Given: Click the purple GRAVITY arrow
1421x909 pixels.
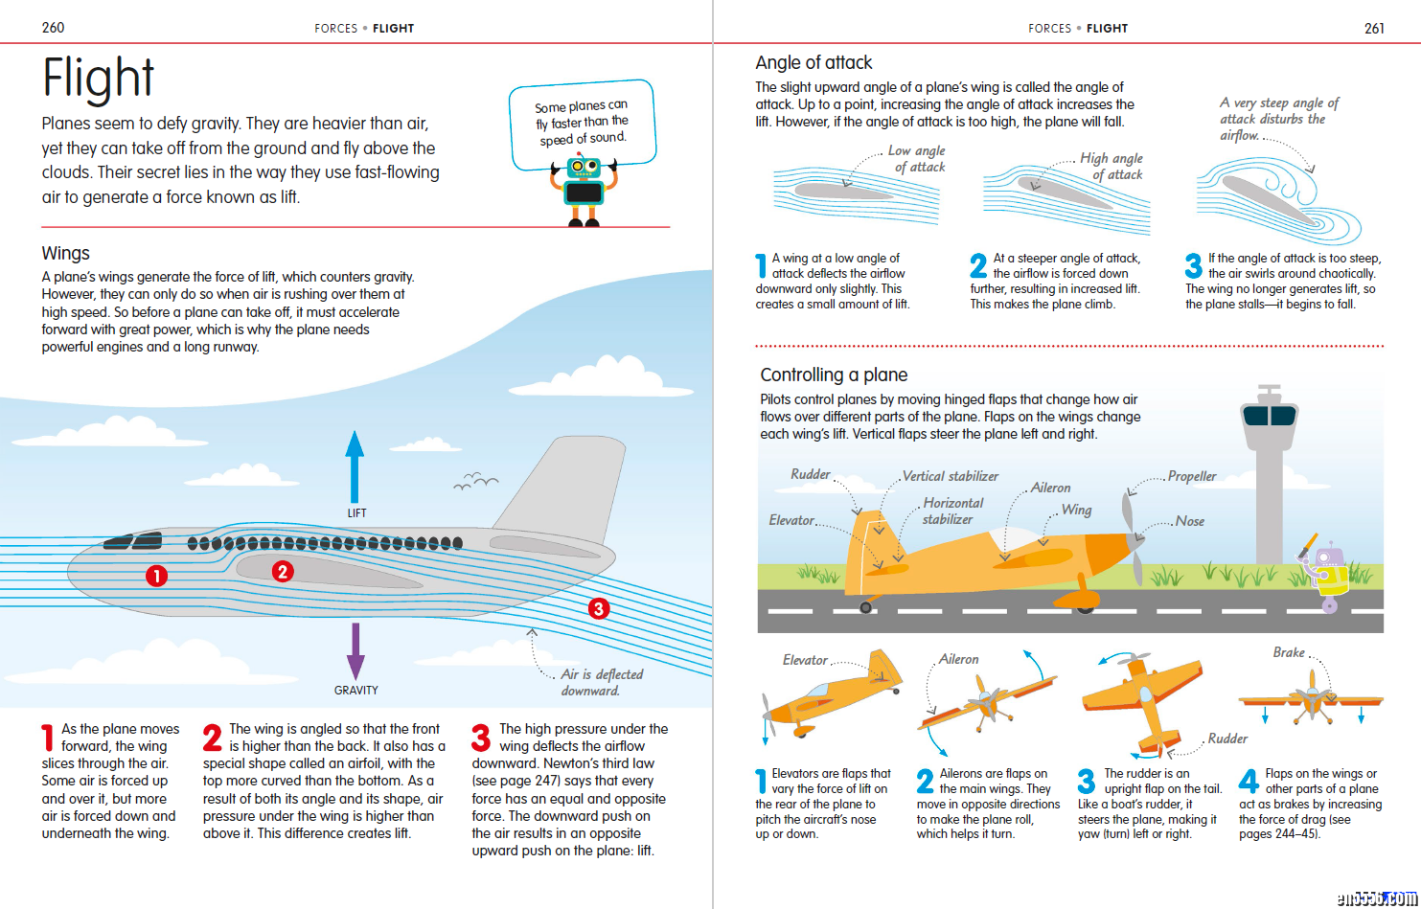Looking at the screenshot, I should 355,651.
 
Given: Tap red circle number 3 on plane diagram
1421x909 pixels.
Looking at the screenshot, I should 599,608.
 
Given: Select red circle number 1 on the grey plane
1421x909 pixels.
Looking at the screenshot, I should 156,576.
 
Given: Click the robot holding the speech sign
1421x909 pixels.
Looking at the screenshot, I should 583,191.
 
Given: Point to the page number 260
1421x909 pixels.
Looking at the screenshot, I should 54,28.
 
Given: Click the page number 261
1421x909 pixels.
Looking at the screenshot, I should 1374,28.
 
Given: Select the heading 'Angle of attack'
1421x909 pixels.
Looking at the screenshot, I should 814,63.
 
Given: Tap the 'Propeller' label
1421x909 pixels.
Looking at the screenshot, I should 1192,476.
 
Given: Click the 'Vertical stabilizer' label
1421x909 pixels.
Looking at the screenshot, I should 951,476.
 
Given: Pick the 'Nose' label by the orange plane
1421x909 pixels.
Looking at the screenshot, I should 1190,521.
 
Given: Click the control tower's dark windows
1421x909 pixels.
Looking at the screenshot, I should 1269,416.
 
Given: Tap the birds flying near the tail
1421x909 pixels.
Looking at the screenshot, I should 475,481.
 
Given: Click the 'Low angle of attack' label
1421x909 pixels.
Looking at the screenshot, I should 918,159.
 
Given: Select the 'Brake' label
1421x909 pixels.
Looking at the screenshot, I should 1289,652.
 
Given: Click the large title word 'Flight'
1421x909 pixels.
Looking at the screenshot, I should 98,79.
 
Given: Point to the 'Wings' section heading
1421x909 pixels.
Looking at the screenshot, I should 65,253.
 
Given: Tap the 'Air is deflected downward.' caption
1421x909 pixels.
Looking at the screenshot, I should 601,682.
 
